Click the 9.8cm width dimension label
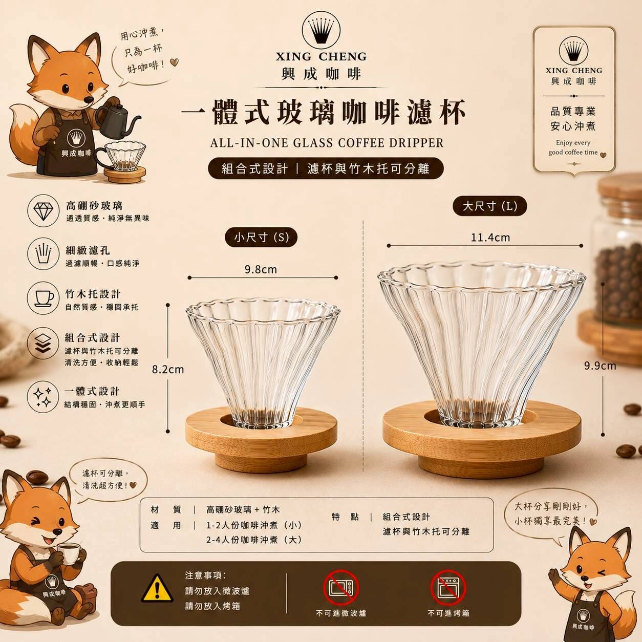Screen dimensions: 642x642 [261, 269]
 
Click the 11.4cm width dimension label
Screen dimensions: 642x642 [490, 238]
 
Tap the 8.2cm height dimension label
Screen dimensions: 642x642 [168, 370]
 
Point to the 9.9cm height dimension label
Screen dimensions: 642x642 [600, 366]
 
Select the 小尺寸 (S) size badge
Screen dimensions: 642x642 [261, 238]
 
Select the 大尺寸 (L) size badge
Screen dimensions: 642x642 [490, 206]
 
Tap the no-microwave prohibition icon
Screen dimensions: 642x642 [341, 588]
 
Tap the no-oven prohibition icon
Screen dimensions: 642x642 [448, 588]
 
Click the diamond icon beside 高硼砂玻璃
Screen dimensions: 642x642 [44, 210]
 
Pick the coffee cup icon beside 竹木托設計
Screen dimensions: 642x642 [44, 297]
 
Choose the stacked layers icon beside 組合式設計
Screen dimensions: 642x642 [44, 344]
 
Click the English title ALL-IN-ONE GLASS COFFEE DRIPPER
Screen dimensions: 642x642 [327, 143]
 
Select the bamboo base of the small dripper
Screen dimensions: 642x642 [261, 438]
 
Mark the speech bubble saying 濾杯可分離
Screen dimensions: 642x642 [108, 480]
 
